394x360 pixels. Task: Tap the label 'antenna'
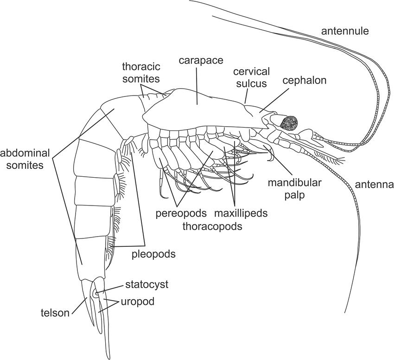pos(374,185)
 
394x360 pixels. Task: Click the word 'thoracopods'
pos(211,226)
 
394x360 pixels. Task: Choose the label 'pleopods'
pos(159,254)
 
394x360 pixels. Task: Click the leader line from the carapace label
pos(197,86)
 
